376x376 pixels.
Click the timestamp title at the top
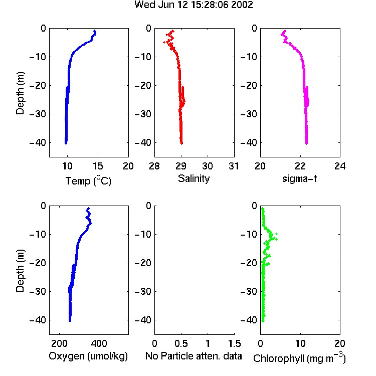tap(194, 5)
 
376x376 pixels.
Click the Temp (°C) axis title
tap(88, 180)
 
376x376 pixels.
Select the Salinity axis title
tap(194, 178)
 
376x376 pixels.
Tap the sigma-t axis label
tap(299, 178)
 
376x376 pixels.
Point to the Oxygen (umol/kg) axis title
tap(88, 356)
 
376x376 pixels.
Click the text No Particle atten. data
tap(194, 356)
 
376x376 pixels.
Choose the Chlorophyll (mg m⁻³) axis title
tap(299, 358)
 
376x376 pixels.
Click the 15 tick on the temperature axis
tap(98, 166)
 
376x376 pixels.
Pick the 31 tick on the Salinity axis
tap(234, 166)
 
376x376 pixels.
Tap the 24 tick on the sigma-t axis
tap(340, 166)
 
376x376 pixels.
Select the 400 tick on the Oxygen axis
tap(99, 343)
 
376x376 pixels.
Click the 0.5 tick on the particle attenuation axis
tap(181, 343)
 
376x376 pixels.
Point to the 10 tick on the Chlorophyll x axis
tap(300, 343)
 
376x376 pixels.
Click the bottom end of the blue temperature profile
tap(66, 143)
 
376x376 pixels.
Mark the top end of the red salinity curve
tap(172, 31)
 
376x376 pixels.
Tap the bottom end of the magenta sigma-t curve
tap(306, 143)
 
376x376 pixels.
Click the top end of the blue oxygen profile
tap(88, 209)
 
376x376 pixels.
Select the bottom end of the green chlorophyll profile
tap(263, 321)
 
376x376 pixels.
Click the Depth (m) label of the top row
tap(20, 93)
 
